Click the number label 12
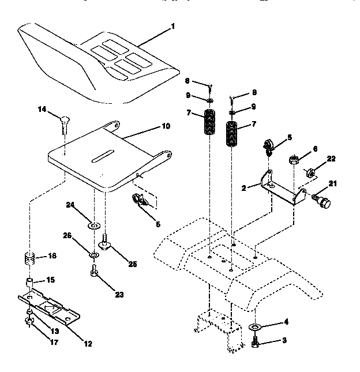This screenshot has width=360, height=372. (87, 344)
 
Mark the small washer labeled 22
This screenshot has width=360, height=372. (310, 172)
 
